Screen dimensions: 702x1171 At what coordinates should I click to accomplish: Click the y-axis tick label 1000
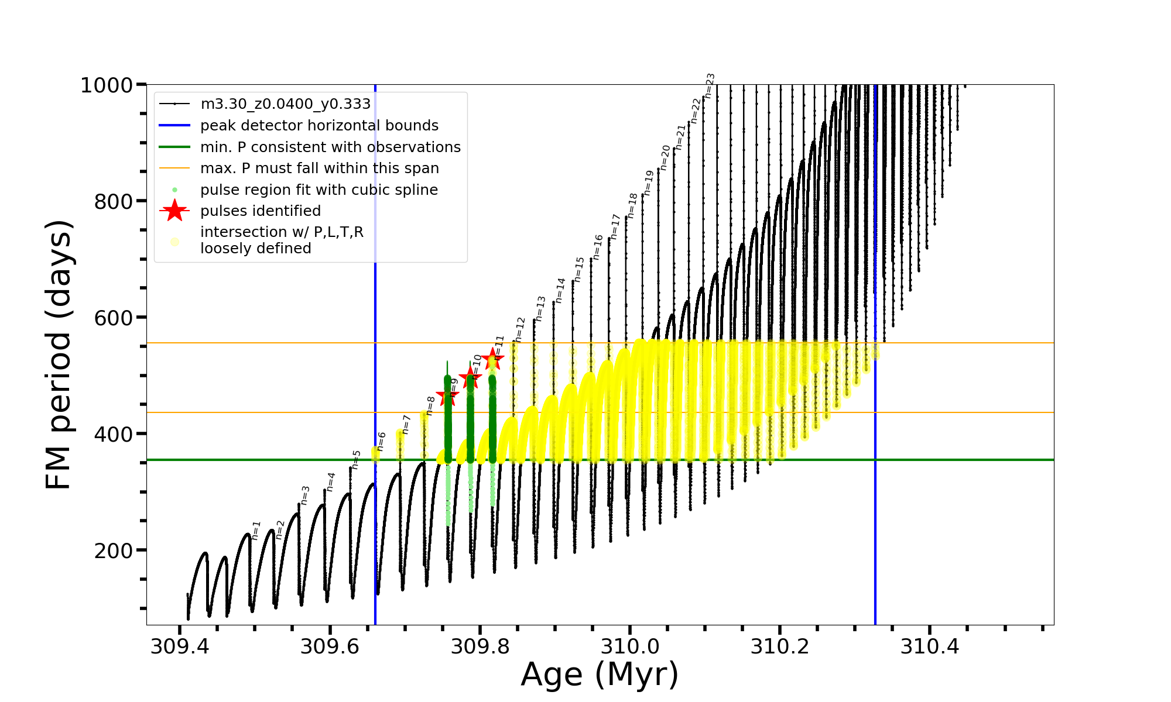107,85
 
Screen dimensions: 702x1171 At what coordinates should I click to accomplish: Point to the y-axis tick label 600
114,318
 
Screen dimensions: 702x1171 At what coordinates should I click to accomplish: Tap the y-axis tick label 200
114,550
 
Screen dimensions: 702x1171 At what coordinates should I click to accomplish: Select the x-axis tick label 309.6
330,646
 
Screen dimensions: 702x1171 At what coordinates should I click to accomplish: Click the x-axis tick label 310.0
630,646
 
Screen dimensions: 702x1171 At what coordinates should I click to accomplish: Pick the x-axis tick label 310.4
930,646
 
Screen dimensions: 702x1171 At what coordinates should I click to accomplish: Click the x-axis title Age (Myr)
600,675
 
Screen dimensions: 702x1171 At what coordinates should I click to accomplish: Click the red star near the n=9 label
448,396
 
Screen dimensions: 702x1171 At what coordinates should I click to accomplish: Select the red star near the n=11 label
493,357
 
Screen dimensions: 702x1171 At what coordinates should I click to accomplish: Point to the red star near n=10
470,378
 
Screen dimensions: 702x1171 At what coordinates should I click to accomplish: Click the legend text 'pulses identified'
260,211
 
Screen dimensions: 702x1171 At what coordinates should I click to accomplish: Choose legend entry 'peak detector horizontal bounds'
319,125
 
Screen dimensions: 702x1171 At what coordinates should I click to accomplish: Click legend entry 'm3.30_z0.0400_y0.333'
285,104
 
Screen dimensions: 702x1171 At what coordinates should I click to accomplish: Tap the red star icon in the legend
174,211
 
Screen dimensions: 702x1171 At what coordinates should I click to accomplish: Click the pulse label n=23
710,85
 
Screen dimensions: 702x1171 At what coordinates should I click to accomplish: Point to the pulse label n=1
256,530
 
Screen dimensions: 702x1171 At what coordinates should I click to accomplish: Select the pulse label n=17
615,226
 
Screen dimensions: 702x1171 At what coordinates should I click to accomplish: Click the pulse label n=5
356,460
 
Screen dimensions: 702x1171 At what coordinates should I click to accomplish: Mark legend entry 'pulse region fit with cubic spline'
319,190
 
